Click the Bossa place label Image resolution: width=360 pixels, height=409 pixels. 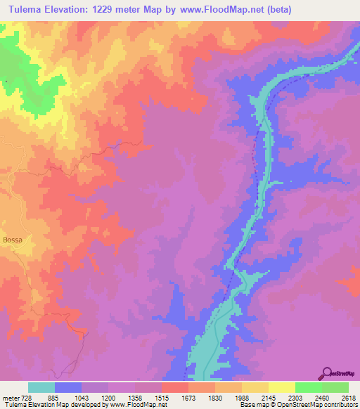13,240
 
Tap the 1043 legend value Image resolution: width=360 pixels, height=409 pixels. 82,396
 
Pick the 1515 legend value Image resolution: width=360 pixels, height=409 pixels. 162,396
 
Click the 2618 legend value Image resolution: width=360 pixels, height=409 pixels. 349,396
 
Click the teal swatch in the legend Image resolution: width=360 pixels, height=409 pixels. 41,387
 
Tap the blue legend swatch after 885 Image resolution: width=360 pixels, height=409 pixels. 68,387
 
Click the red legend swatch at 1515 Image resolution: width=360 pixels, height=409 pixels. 175,387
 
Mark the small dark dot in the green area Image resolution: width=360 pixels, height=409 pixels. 6,82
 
